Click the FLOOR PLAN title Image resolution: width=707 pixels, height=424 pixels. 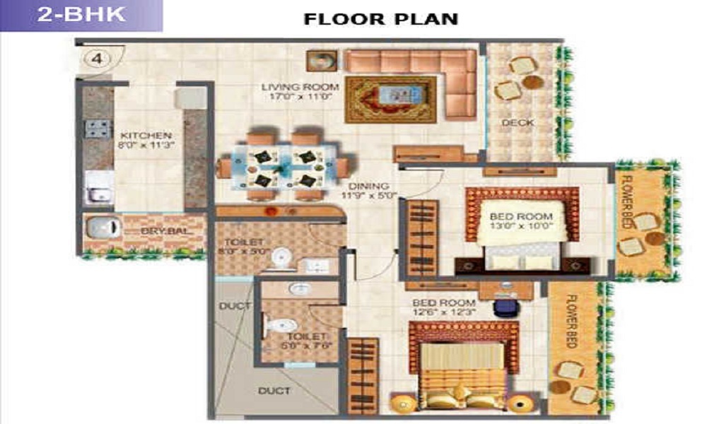point(380,18)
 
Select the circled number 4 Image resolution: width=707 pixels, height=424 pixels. point(97,59)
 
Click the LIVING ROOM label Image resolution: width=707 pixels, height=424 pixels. point(300,87)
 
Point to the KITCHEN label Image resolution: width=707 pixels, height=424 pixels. point(145,135)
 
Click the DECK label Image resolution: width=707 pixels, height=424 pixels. point(517,123)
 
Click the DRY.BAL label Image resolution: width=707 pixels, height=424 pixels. point(158,230)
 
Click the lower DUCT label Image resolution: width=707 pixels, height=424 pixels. point(273,390)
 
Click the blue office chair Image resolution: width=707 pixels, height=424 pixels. point(504,307)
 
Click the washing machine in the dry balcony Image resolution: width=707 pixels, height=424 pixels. point(101,228)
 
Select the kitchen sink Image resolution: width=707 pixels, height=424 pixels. point(96,192)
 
